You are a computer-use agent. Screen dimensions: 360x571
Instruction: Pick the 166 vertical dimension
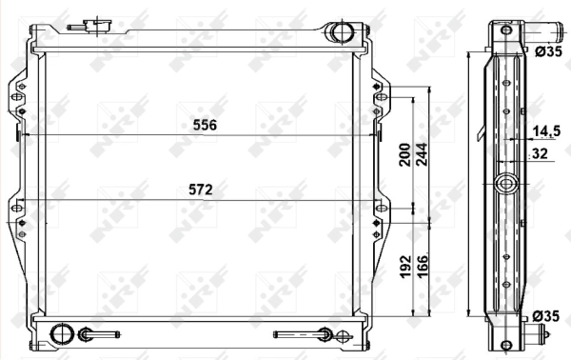[422, 269]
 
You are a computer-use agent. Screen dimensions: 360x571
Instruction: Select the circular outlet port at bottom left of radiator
[62, 334]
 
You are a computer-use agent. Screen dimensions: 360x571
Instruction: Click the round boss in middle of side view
[506, 183]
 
